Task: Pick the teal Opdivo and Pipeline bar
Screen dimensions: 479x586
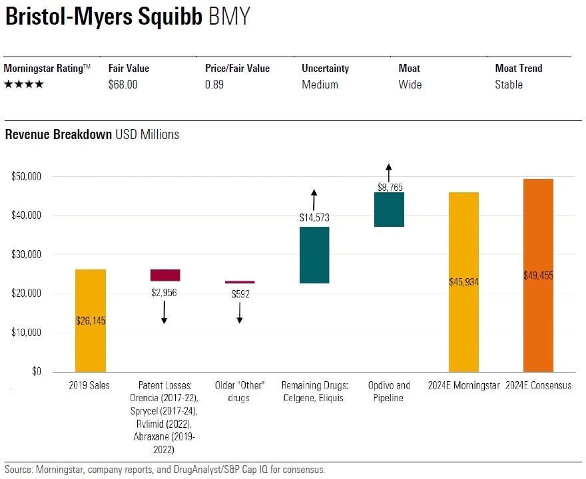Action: point(389,210)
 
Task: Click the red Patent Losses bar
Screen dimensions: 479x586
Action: point(165,275)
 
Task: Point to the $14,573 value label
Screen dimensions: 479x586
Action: point(314,217)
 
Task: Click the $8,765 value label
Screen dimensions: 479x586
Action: point(389,188)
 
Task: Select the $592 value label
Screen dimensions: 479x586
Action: point(240,293)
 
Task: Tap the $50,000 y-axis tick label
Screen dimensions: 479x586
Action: point(27,177)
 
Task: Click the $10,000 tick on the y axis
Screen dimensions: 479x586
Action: point(27,332)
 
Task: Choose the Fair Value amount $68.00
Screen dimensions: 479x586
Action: point(123,84)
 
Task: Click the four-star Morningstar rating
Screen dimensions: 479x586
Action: point(24,84)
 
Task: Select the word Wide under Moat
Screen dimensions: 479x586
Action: point(410,84)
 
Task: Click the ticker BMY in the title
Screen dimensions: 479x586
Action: point(229,17)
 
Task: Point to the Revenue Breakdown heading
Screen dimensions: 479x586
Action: point(58,134)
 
